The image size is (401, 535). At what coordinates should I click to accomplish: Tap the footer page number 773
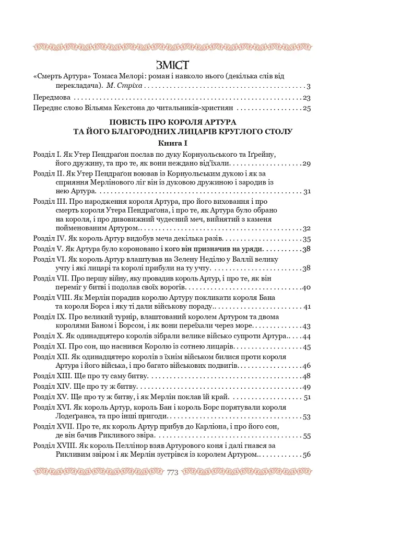[x=172, y=472]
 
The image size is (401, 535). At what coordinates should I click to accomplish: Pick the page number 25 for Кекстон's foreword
[x=306, y=109]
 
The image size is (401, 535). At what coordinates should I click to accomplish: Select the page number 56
[x=306, y=455]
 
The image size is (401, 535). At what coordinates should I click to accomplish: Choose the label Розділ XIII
[x=51, y=376]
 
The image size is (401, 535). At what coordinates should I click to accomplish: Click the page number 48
[x=306, y=376]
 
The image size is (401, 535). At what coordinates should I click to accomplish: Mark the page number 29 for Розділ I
[x=306, y=164]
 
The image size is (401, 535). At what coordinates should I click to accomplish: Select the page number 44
[x=306, y=336]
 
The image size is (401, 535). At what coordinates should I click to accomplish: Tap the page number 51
[x=307, y=398]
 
